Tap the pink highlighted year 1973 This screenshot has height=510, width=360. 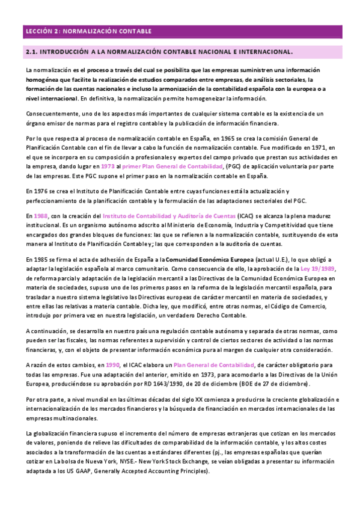click(x=108, y=165)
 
